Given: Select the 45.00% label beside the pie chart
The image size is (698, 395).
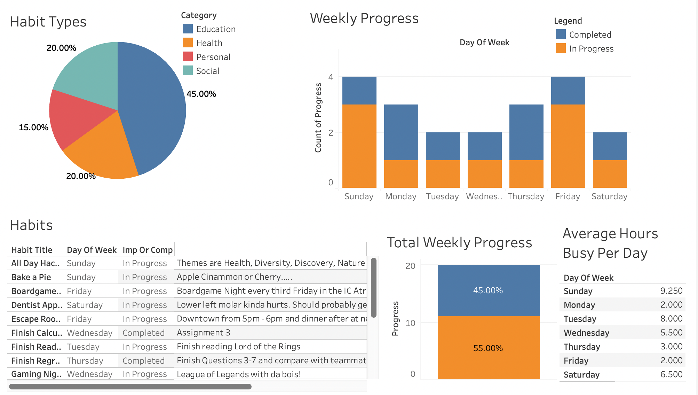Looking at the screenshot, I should coord(201,94).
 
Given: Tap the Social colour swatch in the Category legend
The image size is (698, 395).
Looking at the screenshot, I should coord(188,70).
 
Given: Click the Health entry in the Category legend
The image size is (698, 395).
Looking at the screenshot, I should coord(209,43).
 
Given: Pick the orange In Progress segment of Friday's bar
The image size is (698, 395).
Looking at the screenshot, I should coord(568,146).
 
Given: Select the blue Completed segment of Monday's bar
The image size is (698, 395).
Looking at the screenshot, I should coord(401,132).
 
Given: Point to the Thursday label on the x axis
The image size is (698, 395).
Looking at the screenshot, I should coord(526,196).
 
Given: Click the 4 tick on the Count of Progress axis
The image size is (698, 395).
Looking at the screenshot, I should coord(331,77).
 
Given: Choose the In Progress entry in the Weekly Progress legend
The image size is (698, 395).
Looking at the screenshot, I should coord(591,49).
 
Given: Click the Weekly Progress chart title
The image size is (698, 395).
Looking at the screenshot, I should coord(364,18).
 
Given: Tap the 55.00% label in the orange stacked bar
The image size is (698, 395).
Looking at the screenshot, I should coord(488,348).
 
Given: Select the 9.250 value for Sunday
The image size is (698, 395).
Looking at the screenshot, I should coord(671,291).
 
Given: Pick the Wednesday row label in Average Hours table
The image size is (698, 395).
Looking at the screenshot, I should coord(586,333).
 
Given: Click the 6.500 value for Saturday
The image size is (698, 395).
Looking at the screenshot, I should coord(671,374).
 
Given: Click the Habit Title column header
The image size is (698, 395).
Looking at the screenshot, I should coord(32,250).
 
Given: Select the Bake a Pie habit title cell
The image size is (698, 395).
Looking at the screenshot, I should coord(31,277).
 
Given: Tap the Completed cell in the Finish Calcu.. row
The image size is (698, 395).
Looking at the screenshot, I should coord(143,333).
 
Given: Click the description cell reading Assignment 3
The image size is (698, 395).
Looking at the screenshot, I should coord(204,333).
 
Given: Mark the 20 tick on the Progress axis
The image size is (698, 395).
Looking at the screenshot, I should coord(410,266).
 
